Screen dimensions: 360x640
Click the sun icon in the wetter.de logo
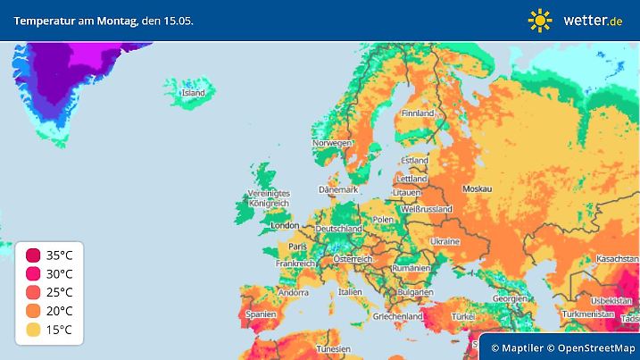pyautogui.click(x=540, y=19)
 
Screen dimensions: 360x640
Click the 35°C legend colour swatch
pyautogui.click(x=33, y=255)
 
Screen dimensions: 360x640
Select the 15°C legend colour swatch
pyautogui.click(x=33, y=330)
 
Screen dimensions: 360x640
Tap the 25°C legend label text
pyautogui.click(x=60, y=292)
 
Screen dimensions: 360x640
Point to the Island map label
pyautogui.click(x=193, y=93)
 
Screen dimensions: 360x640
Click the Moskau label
pyautogui.click(x=477, y=188)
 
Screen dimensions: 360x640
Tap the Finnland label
pyautogui.click(x=418, y=113)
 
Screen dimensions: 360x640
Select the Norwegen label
pyautogui.click(x=331, y=144)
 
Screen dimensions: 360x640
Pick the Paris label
pyautogui.click(x=297, y=247)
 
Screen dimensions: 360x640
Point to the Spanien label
pyautogui.click(x=261, y=314)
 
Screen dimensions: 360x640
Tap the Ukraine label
pyautogui.click(x=445, y=242)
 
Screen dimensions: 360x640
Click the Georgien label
pyautogui.click(x=510, y=297)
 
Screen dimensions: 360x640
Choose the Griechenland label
pyautogui.click(x=398, y=316)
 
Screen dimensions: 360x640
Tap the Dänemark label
pyautogui.click(x=338, y=189)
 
